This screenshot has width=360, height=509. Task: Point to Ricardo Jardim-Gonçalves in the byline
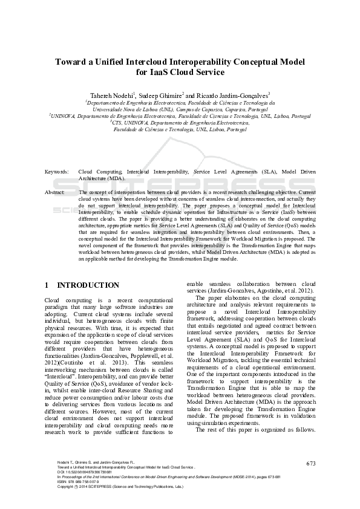coord(231,96)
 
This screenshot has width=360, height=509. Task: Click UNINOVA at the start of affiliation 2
coord(65,115)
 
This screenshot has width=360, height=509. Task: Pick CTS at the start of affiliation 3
coord(119,122)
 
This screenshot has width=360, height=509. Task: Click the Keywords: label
coord(56,172)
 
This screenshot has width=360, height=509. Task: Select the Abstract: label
coord(55,192)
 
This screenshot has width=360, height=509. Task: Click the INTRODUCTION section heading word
coord(88,285)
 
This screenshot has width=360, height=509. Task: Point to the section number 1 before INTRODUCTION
coord(47,285)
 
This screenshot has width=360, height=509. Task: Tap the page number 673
coord(311,463)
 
